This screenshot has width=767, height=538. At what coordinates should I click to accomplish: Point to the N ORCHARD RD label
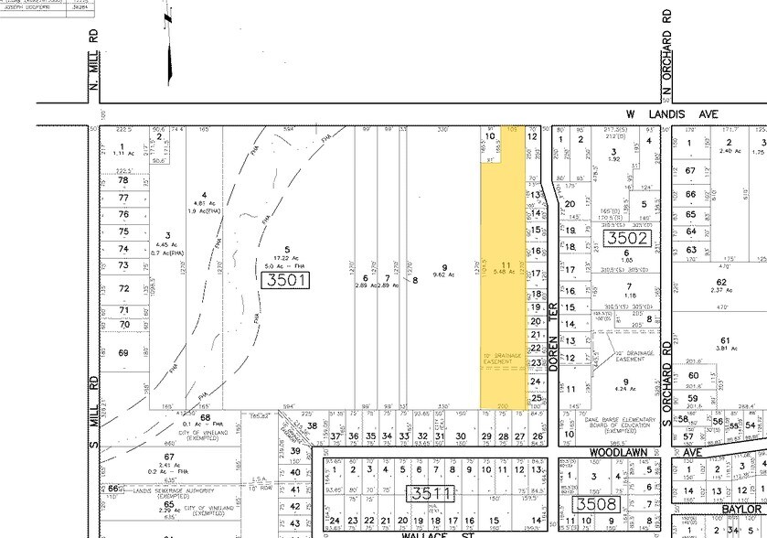point(667,55)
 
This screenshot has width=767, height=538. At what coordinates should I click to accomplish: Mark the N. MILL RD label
point(93,60)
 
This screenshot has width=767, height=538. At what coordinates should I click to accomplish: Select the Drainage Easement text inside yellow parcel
point(501,360)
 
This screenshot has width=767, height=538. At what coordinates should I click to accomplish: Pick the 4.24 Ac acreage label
point(626,388)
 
